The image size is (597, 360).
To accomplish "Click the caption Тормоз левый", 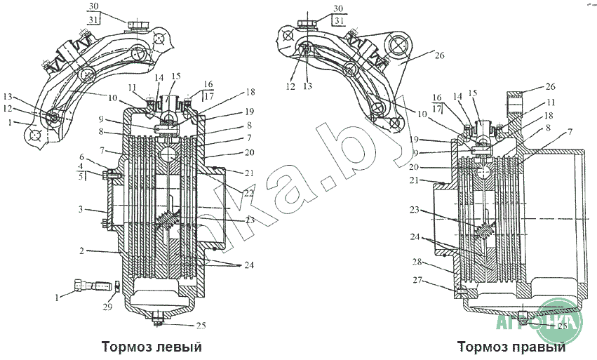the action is [152, 347].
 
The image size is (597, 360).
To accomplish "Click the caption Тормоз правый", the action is [511, 347].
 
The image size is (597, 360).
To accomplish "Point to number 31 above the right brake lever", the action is [339, 20].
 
